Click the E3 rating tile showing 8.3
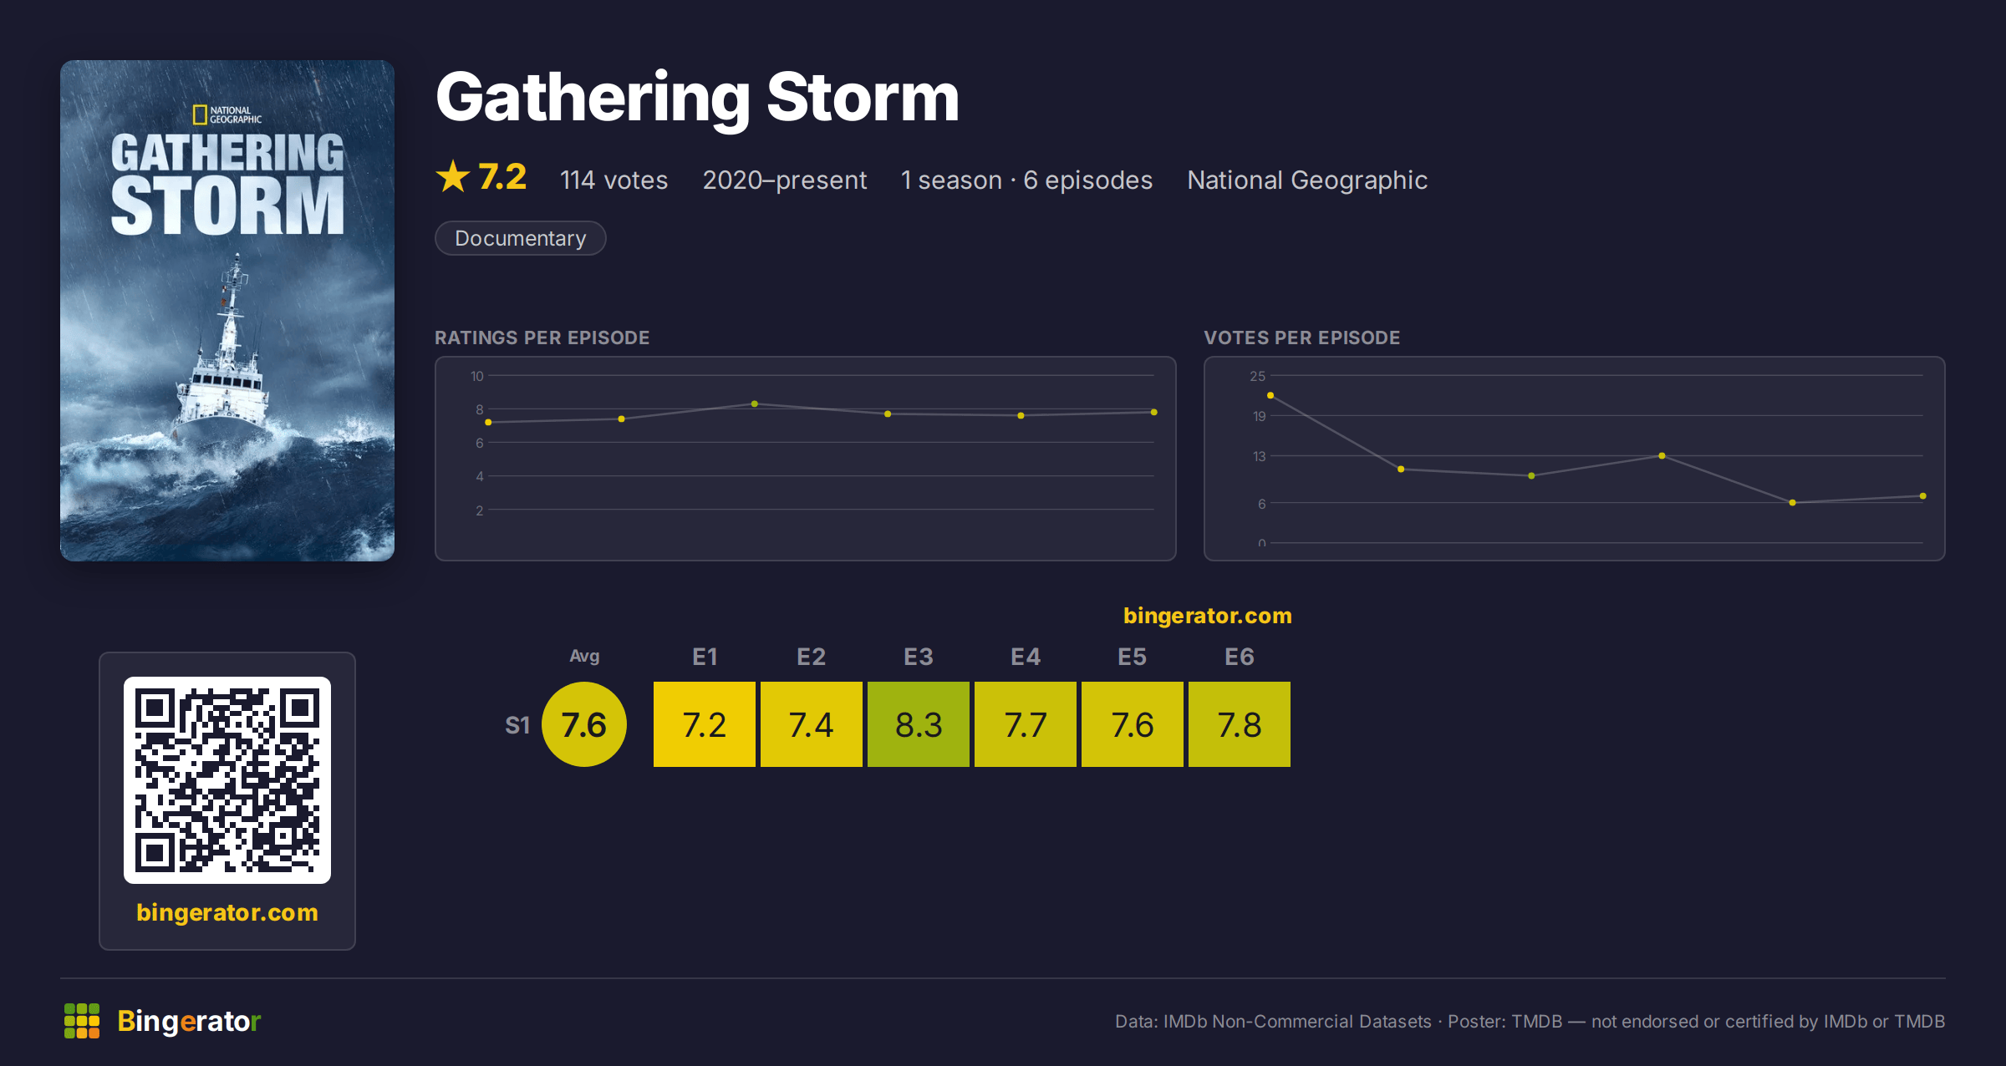[x=918, y=724]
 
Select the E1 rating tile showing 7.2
[x=704, y=724]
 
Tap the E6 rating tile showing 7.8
[x=1239, y=724]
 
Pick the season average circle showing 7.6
[x=583, y=724]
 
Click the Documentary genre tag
[x=520, y=238]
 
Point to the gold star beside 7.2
[x=453, y=176]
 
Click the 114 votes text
[x=614, y=180]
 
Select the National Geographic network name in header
[x=1307, y=180]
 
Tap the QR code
[x=227, y=780]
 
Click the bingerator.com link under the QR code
[x=227, y=912]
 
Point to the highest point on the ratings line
[x=755, y=404]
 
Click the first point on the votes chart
[x=1270, y=395]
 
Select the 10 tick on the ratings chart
[x=477, y=376]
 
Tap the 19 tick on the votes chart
[x=1259, y=416]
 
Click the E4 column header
[x=1025, y=657]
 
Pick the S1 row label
[x=517, y=725]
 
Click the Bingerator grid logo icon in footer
[x=82, y=1021]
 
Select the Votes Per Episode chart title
[x=1301, y=338]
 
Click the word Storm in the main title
[x=863, y=98]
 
